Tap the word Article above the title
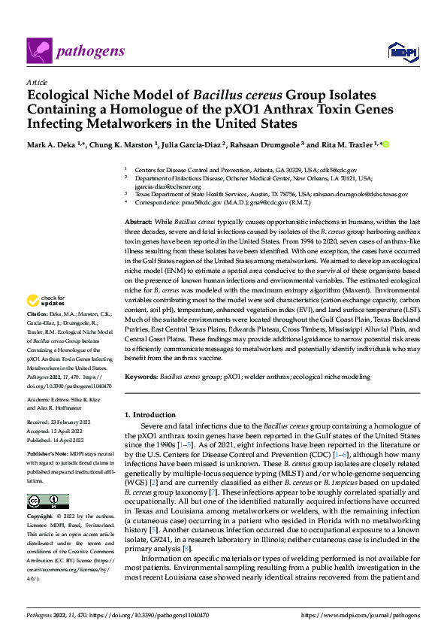[36, 83]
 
